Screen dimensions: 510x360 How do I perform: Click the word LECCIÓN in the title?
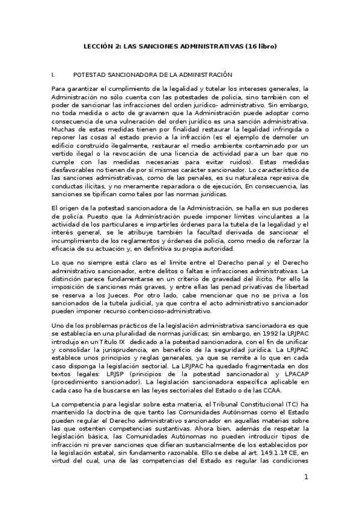point(96,46)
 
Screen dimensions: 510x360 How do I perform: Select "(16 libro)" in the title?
point(259,46)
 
